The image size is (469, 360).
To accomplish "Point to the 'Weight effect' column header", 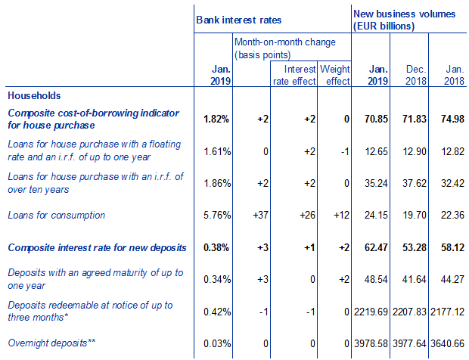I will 334,75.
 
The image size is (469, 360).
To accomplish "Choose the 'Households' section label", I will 34,96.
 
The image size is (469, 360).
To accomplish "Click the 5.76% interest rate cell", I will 217,216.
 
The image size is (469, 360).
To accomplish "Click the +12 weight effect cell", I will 338,216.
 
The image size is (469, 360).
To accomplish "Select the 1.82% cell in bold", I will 217,118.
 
